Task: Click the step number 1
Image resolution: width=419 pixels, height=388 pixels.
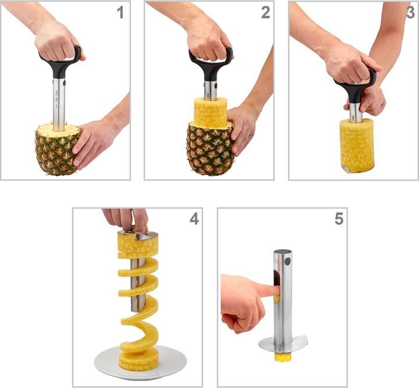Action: pyautogui.click(x=120, y=12)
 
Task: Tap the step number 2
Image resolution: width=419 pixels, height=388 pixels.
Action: pyautogui.click(x=265, y=12)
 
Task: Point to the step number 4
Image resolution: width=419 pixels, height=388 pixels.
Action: pyautogui.click(x=194, y=219)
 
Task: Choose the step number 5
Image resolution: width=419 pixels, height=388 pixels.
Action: pyautogui.click(x=339, y=219)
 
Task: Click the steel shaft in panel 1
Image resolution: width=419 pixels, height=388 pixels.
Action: pyautogui.click(x=59, y=102)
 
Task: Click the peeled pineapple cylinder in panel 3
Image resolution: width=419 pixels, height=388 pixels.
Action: pyautogui.click(x=356, y=145)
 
